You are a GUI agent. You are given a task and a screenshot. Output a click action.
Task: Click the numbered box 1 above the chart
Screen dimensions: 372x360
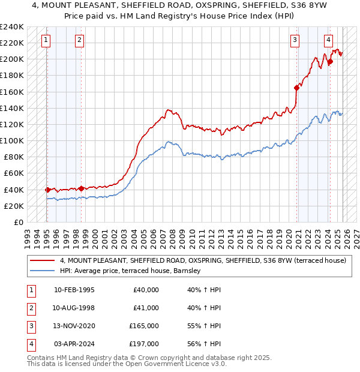[x=46, y=40]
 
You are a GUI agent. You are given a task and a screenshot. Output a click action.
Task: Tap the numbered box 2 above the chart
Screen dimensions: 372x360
[x=80, y=40]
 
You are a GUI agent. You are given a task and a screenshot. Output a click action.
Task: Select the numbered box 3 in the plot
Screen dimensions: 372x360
[x=295, y=40]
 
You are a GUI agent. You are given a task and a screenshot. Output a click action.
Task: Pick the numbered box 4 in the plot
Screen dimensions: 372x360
[x=329, y=40]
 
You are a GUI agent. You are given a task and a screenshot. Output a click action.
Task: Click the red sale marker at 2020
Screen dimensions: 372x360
[x=297, y=88]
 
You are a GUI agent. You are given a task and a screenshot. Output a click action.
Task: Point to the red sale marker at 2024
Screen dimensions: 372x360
[x=330, y=61]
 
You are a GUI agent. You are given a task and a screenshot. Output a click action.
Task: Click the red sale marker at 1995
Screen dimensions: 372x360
[x=47, y=190]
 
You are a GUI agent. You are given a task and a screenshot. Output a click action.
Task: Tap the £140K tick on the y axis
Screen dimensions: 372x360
[x=12, y=108]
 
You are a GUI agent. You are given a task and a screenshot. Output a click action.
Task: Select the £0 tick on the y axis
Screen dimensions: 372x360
[x=19, y=222]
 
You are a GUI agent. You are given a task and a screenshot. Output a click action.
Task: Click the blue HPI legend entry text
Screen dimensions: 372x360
[x=133, y=271]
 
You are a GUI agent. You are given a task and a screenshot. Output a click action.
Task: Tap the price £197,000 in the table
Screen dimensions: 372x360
[x=145, y=344]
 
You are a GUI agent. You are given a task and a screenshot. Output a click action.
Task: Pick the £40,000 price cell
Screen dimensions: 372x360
[x=146, y=289]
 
